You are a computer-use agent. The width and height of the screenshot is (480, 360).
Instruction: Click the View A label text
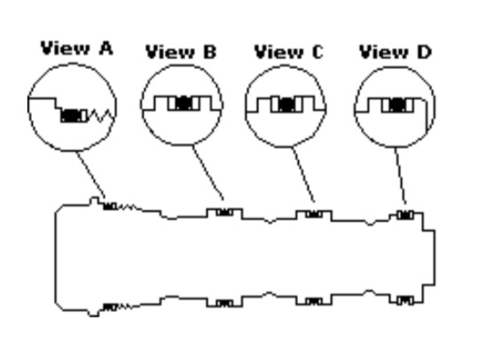point(77,49)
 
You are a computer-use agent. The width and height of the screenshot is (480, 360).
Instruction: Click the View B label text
point(181,51)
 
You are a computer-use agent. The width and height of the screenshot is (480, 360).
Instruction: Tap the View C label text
point(289,51)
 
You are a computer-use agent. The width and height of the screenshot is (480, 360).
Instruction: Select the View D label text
point(395,51)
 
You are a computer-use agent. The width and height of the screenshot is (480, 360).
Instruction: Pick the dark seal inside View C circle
point(287,105)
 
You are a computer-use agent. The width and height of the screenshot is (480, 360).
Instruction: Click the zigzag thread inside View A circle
point(100,115)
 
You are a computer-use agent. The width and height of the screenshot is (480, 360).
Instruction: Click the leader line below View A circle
point(90,175)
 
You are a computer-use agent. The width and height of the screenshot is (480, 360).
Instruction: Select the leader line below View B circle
point(209,173)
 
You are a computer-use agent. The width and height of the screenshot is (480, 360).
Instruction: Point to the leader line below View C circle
point(303,175)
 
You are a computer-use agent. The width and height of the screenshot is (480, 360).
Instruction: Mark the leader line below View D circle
point(400,176)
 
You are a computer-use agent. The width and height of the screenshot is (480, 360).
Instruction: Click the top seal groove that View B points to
point(224,212)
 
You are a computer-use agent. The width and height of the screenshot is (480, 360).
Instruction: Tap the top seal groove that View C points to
point(314,214)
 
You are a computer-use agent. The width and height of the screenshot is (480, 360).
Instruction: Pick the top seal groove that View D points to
point(405,215)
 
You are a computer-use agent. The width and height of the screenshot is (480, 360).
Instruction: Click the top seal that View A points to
point(110,206)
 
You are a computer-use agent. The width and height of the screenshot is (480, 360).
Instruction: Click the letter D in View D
point(424,52)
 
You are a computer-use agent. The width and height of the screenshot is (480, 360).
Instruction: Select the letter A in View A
point(106,49)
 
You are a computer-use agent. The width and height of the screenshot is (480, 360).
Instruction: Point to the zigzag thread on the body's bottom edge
point(125,306)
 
